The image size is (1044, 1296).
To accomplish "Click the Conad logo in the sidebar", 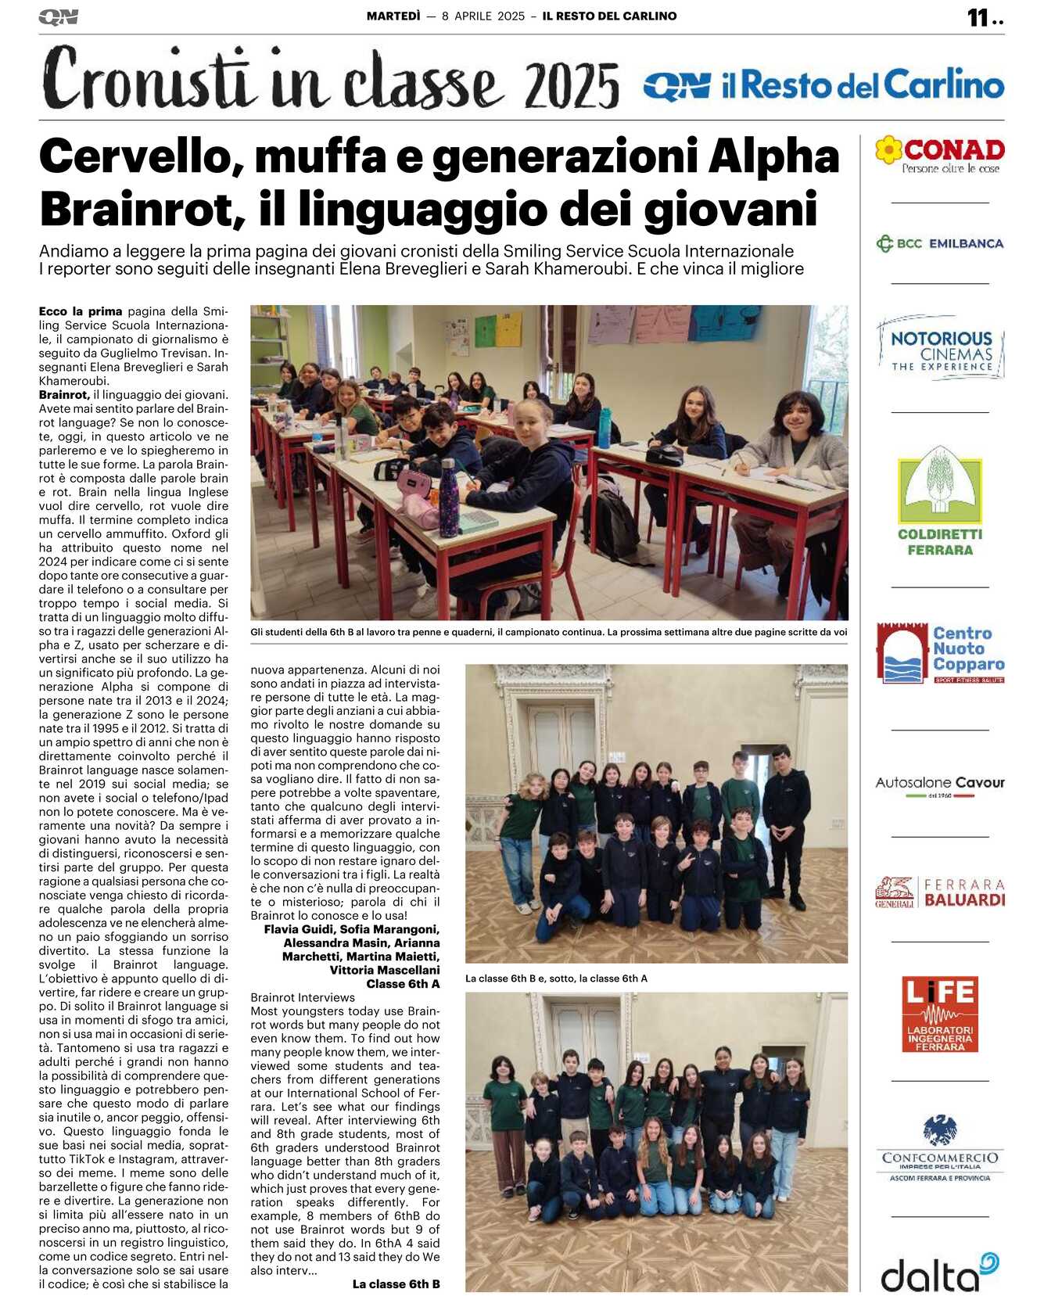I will (939, 154).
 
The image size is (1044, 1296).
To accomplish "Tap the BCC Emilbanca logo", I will (939, 243).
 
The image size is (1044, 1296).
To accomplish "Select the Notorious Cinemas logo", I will (940, 349).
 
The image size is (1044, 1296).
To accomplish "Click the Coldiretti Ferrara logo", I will (940, 501).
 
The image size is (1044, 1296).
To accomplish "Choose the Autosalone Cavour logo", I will (940, 784).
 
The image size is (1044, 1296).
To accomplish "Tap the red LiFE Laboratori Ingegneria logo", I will (939, 1013).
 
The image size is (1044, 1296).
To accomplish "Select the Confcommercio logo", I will (940, 1148).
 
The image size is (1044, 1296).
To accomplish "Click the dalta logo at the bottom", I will (939, 1273).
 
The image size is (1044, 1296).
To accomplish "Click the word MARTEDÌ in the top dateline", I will (393, 16).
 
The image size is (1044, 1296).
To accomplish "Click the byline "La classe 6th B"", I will (396, 1283).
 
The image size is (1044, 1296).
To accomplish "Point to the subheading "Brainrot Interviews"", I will (303, 997).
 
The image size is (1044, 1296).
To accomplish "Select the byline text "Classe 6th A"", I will (403, 983).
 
